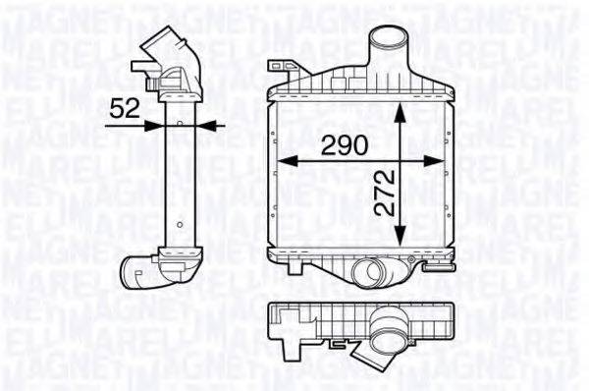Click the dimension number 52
click(x=125, y=108)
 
